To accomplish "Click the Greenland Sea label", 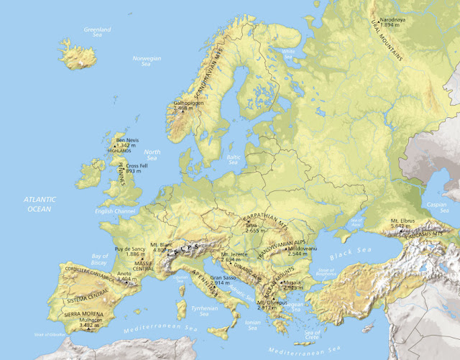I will [x=97, y=32].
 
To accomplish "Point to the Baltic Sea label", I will [x=232, y=160].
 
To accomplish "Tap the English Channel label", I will [x=114, y=212].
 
